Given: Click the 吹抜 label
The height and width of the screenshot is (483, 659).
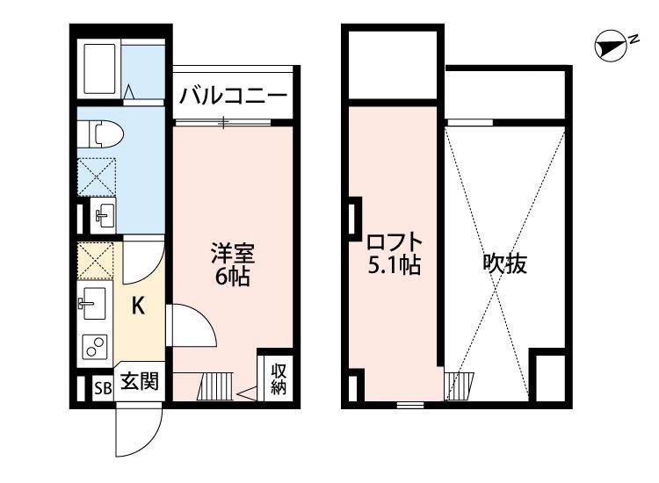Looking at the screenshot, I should pos(505,263).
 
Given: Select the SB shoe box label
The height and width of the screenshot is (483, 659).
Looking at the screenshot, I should pos(103,387).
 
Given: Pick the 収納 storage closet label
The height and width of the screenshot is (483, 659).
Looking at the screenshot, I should pos(279,378).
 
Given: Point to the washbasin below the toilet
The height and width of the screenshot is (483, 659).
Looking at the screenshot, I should pos(101,213).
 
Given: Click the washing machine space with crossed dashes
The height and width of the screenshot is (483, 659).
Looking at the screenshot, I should pos(98,174).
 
